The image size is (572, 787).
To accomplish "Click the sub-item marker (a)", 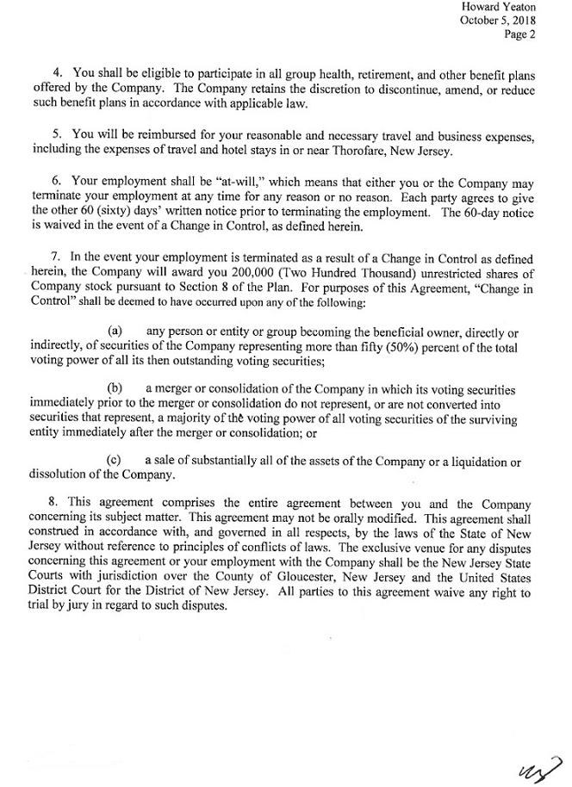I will point(115,331).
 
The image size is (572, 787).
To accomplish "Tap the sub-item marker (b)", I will point(115,388).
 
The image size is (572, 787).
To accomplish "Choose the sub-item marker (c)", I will point(115,462).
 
